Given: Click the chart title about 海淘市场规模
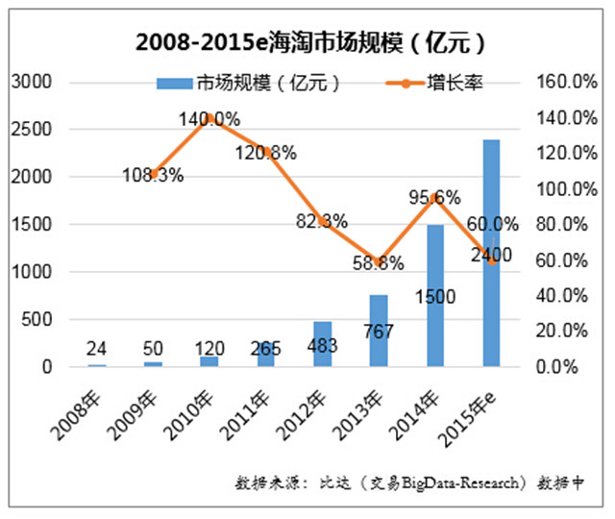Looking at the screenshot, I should [x=308, y=43].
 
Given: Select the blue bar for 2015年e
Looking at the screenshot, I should [x=491, y=308].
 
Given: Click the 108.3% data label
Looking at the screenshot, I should [x=153, y=176].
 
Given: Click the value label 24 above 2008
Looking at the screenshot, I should [x=97, y=348].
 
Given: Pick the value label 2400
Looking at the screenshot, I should [x=491, y=256].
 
